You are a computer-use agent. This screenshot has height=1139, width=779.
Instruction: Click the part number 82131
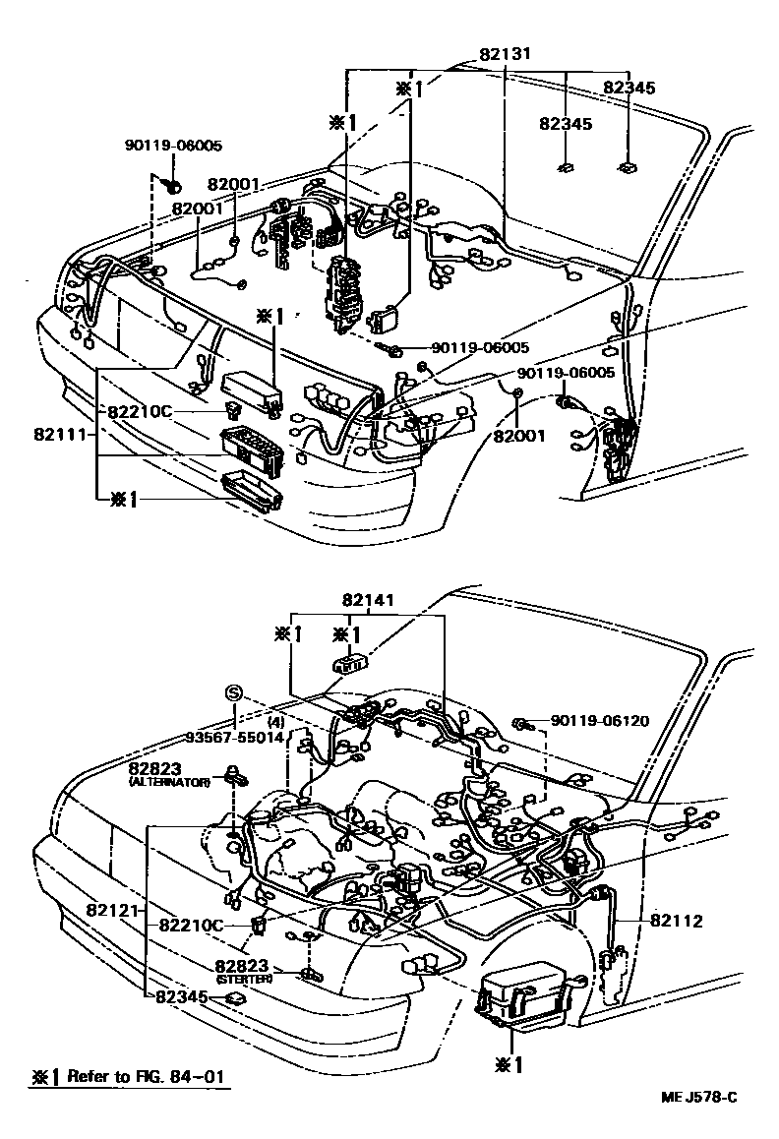coord(501,55)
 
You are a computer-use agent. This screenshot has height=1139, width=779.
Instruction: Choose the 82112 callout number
coord(676,921)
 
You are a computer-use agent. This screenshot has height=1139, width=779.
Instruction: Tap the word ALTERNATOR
coord(170,781)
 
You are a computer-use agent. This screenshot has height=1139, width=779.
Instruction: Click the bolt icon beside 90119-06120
coord(522,725)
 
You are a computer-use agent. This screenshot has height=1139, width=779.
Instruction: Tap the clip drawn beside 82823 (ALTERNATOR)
coord(236,773)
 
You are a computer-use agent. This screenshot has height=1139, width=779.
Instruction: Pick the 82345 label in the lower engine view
coord(182,996)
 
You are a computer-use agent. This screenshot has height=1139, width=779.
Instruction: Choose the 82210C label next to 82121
coord(191,926)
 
